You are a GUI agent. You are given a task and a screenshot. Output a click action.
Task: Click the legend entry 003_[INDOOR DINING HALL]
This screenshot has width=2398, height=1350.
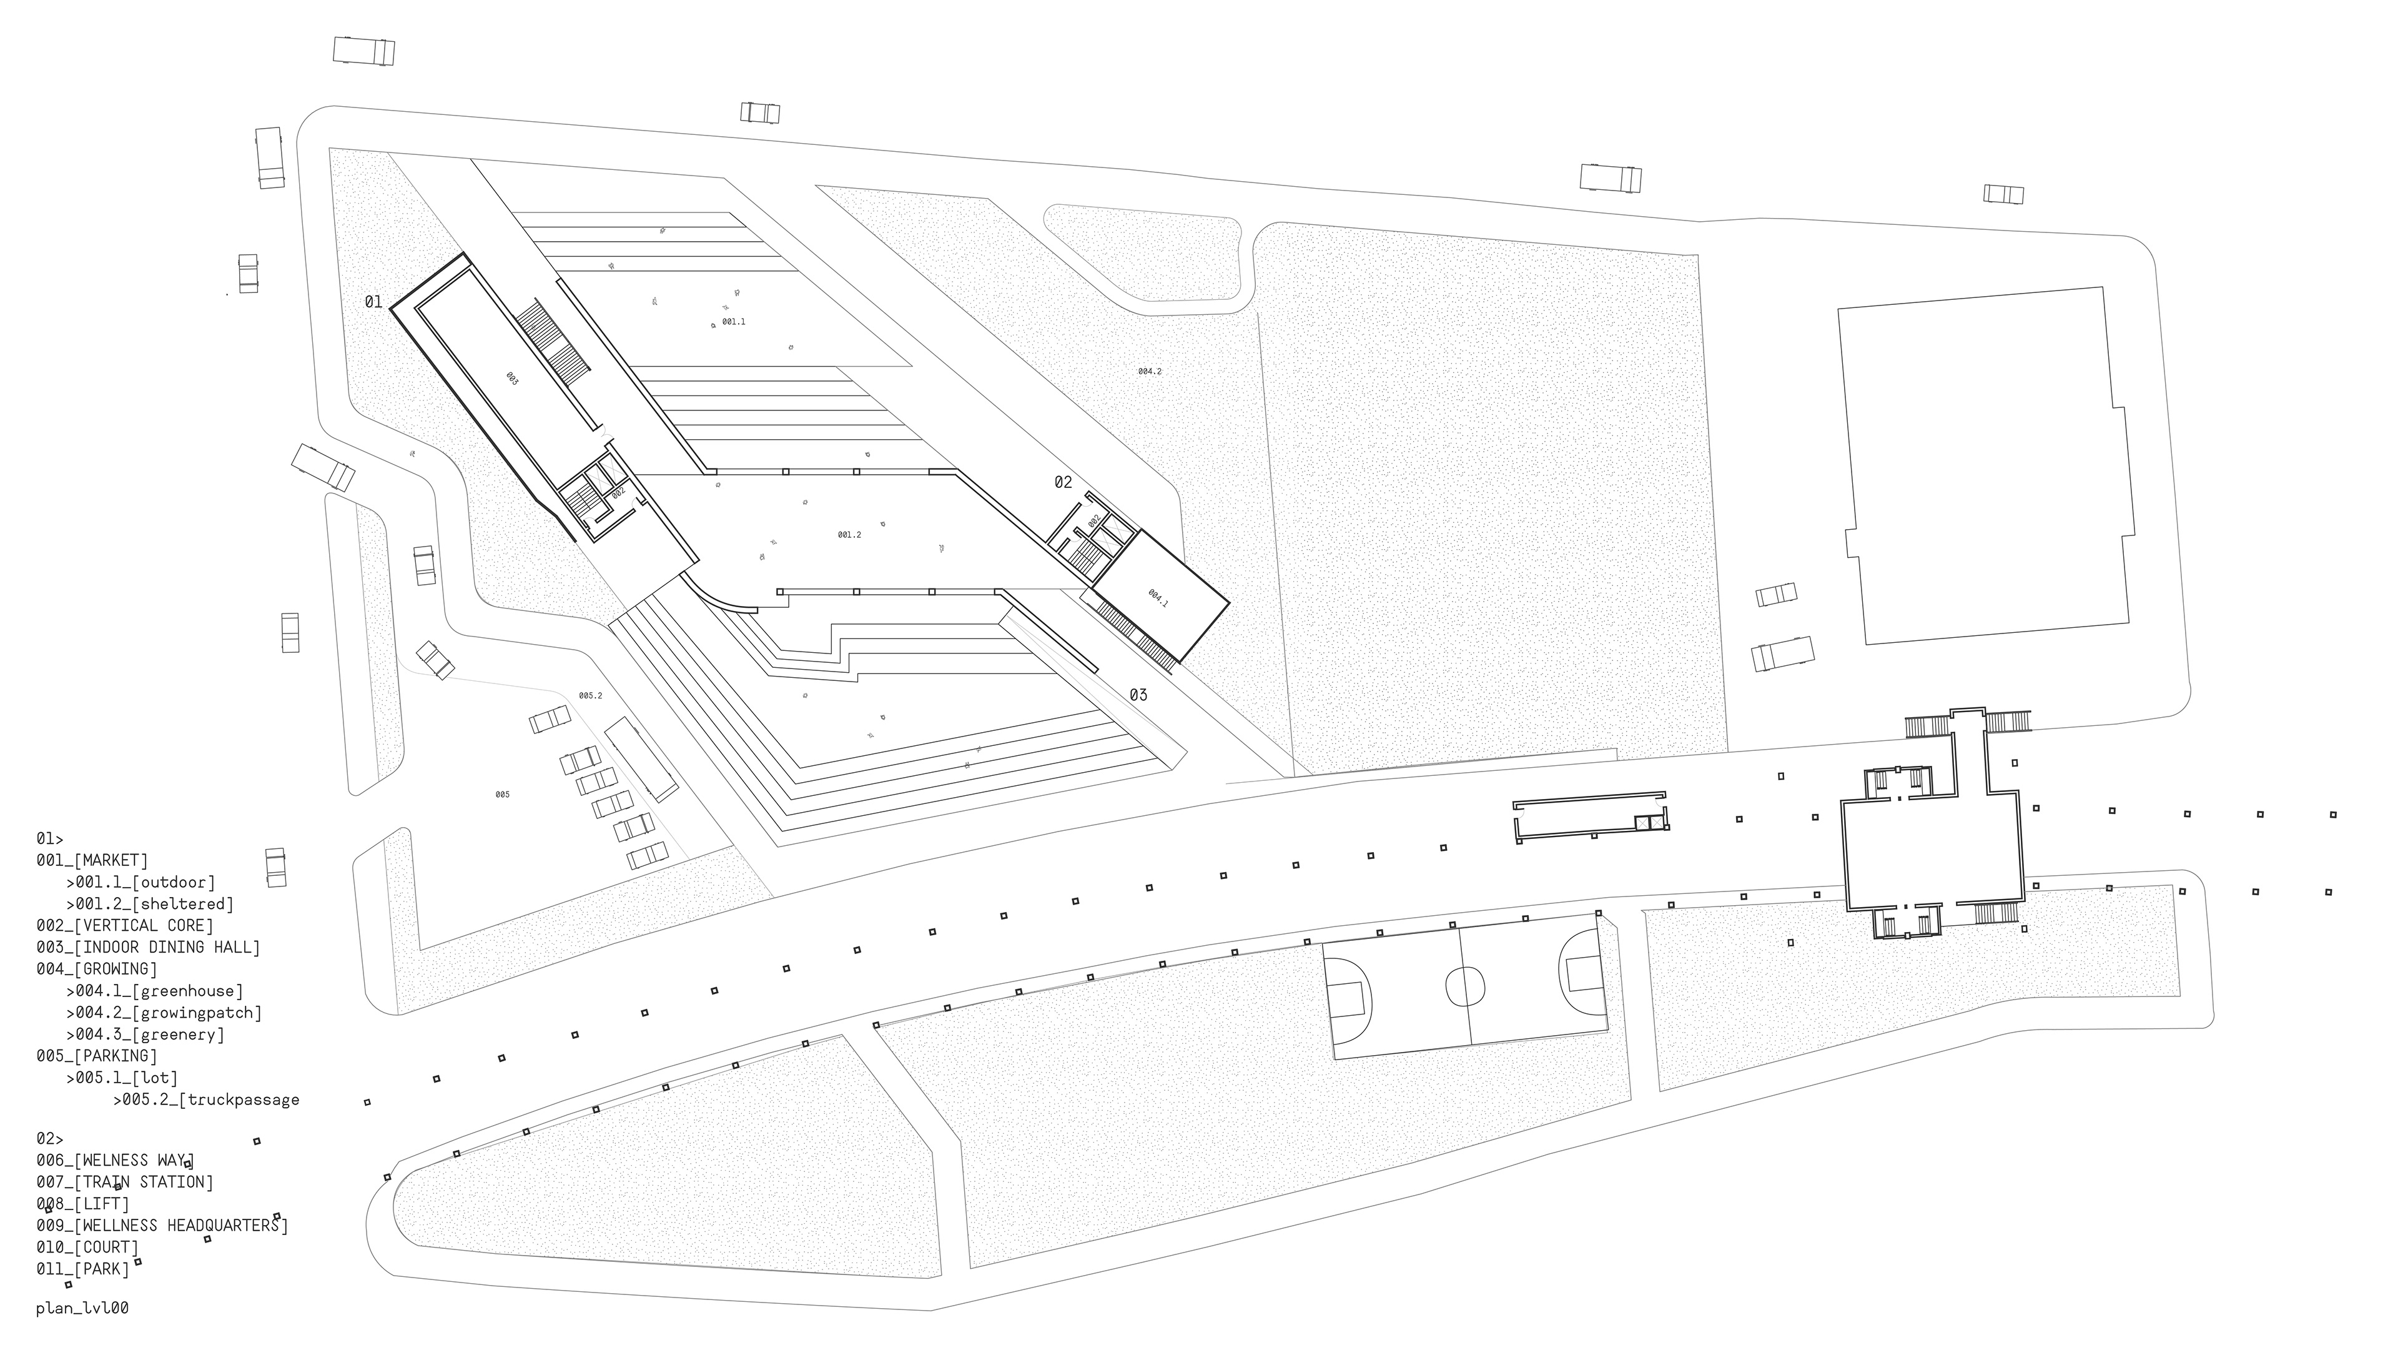[148, 947]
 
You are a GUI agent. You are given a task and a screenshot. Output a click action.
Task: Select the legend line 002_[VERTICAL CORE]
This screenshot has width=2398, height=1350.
[125, 925]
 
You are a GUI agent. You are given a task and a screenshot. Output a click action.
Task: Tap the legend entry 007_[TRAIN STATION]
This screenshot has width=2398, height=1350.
[125, 1181]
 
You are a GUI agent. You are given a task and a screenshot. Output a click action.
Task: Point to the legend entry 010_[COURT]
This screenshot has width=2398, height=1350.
[87, 1247]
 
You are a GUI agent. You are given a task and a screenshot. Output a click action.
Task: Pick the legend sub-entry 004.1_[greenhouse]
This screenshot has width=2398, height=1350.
[154, 991]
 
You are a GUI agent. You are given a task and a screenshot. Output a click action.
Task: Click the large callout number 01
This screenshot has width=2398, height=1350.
[373, 302]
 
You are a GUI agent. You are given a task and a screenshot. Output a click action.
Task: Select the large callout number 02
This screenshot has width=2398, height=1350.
[1063, 482]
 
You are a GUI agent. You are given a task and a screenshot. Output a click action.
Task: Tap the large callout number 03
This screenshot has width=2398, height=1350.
[1138, 695]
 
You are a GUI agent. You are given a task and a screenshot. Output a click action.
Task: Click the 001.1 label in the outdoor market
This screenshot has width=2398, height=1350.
[734, 322]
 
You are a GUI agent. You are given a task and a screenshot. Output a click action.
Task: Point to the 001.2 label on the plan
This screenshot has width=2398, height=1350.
[849, 535]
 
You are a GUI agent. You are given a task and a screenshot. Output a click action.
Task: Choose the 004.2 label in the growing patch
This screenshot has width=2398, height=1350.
[1150, 372]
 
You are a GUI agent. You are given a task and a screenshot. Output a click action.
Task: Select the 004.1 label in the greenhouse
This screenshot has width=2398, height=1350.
[1157, 598]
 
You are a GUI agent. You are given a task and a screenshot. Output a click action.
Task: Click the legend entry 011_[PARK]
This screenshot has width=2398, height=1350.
[83, 1268]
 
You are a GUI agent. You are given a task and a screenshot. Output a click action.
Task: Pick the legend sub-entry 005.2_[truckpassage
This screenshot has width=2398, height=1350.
[207, 1099]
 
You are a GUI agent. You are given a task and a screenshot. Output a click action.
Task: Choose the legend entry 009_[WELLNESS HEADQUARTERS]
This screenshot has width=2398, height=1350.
[162, 1225]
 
